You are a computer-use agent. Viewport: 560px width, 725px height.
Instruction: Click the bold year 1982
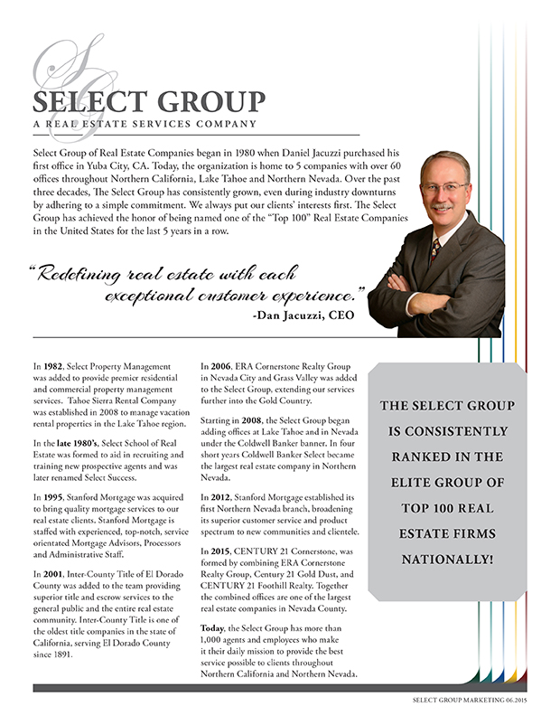(53, 363)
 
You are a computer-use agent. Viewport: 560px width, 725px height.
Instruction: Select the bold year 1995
(53, 498)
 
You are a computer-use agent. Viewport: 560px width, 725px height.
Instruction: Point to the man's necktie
(436, 248)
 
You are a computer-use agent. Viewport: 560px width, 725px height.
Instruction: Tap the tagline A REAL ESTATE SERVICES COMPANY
(144, 124)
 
